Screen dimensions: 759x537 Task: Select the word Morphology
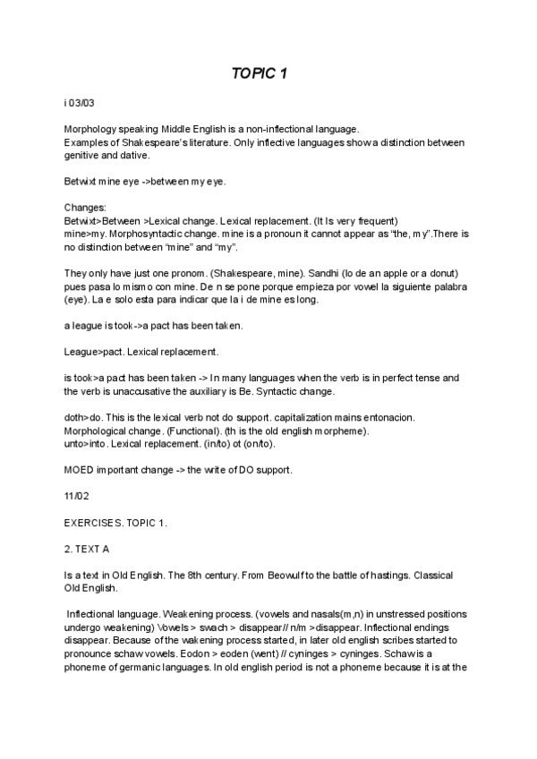point(89,130)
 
